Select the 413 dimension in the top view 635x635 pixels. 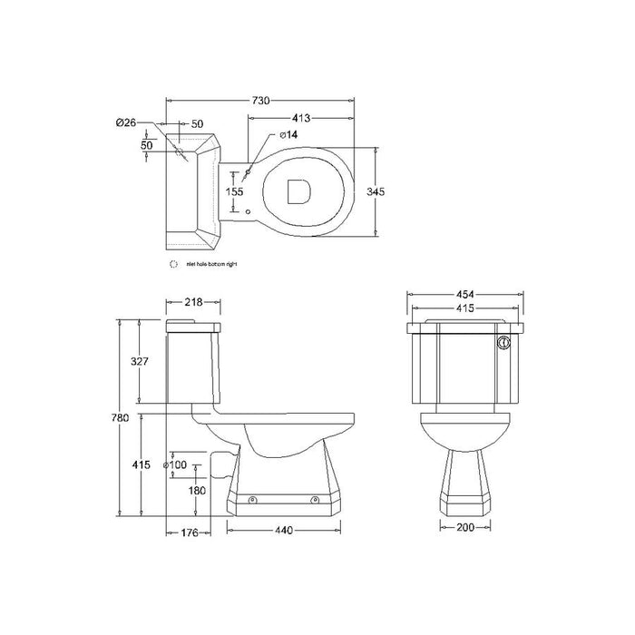coord(301,117)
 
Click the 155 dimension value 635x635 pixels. coord(235,191)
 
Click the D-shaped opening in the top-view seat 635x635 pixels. coord(298,191)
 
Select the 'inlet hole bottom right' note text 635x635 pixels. coord(211,264)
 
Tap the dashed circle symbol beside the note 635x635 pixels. coord(174,264)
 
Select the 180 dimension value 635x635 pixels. coord(195,491)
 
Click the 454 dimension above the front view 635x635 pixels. coord(464,295)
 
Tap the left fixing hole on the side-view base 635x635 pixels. coord(252,500)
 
